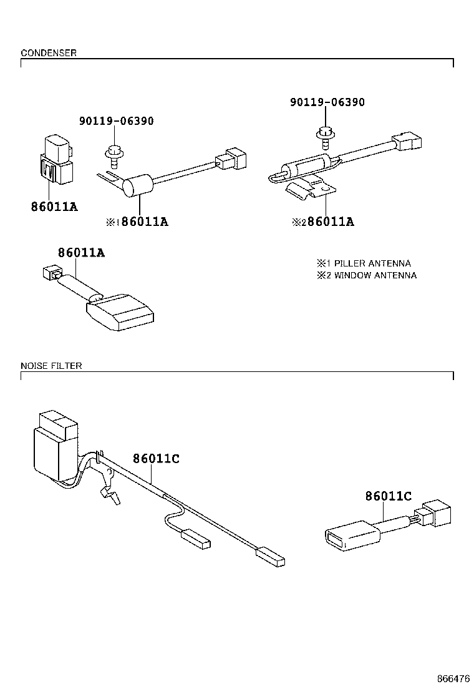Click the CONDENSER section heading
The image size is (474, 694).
49,53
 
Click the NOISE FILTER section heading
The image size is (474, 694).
51,366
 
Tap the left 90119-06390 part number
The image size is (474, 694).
116,121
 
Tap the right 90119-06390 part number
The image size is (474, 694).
327,102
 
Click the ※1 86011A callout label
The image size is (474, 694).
137,222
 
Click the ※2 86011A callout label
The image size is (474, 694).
323,222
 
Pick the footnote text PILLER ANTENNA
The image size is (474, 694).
372,263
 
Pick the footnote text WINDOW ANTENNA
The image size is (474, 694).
375,275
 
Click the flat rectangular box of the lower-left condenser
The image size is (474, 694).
122,313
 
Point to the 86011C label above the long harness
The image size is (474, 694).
156,459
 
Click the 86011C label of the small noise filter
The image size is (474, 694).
388,496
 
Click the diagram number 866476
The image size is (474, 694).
453,678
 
